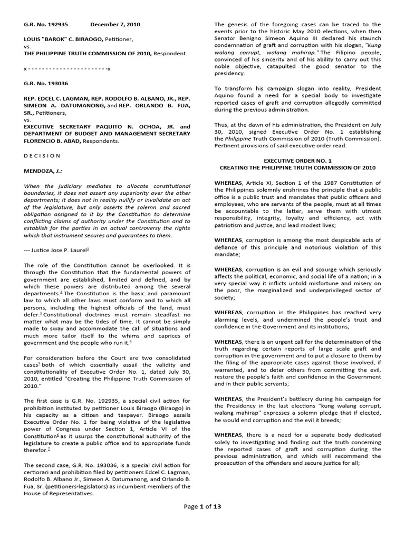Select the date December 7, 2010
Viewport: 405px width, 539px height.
tap(114, 25)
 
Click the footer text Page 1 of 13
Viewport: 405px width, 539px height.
tap(202, 521)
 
